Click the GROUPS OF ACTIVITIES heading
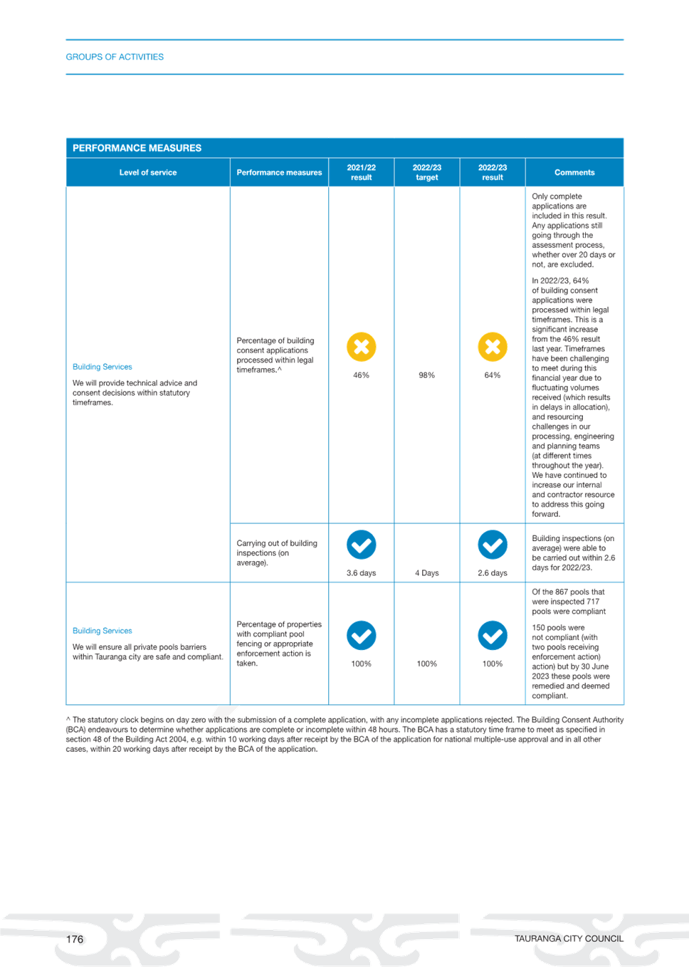[x=115, y=57]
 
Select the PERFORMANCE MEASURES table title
[x=137, y=148]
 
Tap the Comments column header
[x=574, y=172]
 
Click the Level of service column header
[x=148, y=172]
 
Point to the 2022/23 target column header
[x=427, y=172]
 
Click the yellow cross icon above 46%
[x=362, y=347]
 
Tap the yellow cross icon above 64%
[x=493, y=347]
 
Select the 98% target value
[x=427, y=375]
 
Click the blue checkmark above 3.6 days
[x=362, y=545]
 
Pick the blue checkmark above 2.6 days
[x=493, y=545]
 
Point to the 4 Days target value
[x=427, y=573]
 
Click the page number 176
[x=75, y=940]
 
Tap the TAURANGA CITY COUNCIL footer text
[x=569, y=939]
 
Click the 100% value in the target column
[x=427, y=664]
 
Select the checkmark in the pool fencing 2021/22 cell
[x=362, y=635]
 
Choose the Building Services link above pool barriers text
[x=102, y=631]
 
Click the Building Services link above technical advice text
[x=102, y=367]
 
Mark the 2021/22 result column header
[x=362, y=172]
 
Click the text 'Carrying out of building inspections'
[x=277, y=548]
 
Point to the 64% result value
[x=493, y=375]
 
